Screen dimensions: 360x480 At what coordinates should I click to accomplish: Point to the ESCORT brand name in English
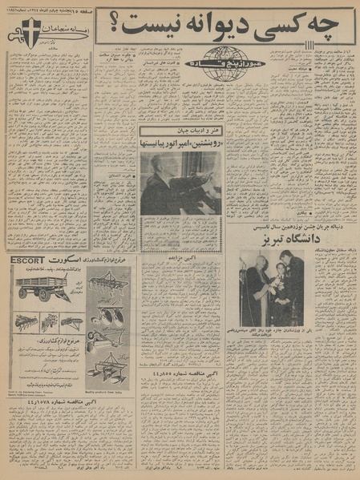26,260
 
